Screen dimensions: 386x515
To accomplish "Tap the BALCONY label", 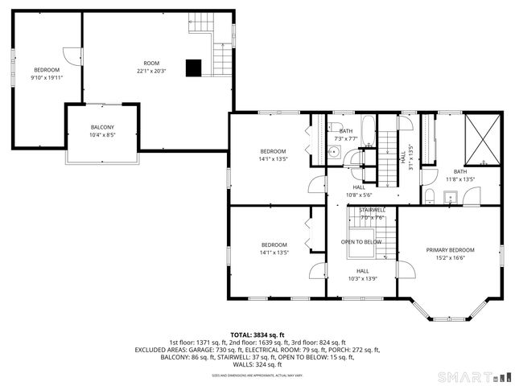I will click(102, 127).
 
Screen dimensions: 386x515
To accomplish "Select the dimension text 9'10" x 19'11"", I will click(47, 78).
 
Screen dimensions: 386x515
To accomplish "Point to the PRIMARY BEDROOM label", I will click(450, 250).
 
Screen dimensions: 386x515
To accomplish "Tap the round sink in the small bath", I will click(334, 150).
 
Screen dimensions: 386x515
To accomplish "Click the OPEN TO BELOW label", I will click(361, 241).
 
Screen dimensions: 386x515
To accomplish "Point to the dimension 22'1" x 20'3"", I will click(151, 72).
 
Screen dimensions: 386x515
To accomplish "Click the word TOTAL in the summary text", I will click(244, 335).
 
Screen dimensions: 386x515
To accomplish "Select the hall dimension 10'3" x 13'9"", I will click(363, 278).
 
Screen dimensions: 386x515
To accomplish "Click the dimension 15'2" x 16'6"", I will click(450, 258).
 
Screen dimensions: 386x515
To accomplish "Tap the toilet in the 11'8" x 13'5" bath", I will click(431, 197).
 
